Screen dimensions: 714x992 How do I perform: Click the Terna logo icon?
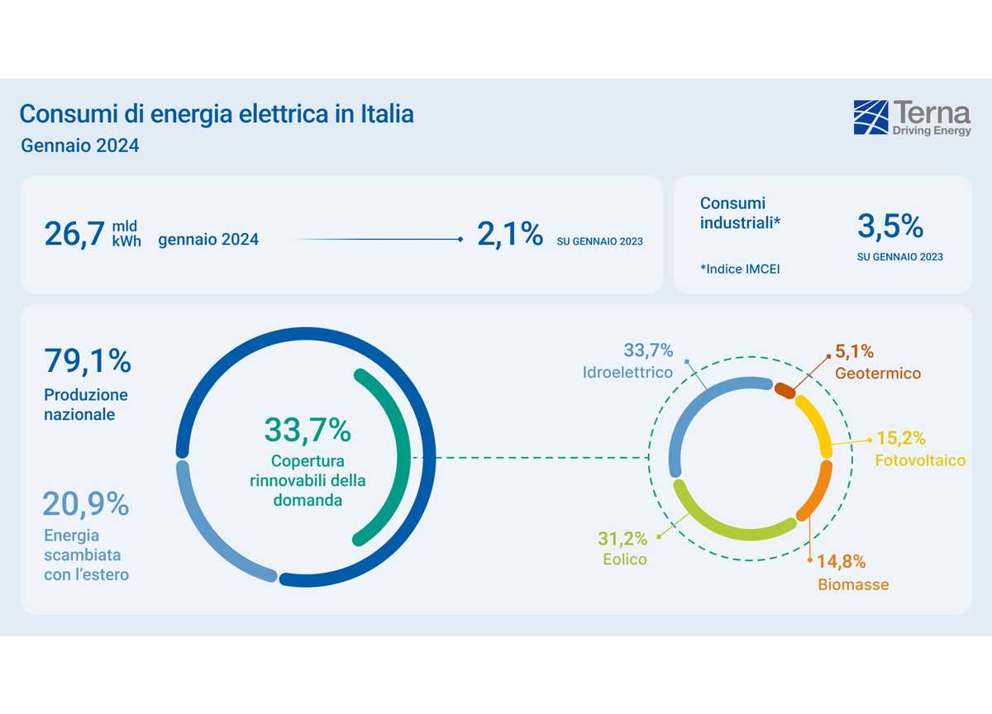click(870, 117)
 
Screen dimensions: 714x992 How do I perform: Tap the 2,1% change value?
click(509, 234)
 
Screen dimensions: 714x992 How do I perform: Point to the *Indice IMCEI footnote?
click(740, 269)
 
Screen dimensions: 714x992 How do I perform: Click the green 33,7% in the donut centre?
click(308, 430)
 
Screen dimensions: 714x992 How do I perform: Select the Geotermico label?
click(877, 374)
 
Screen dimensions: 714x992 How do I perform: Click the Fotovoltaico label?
click(920, 460)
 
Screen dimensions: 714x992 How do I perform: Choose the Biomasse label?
click(853, 585)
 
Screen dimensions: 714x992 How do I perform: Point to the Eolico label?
click(624, 559)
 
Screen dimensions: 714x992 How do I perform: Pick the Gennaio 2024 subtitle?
click(79, 146)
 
